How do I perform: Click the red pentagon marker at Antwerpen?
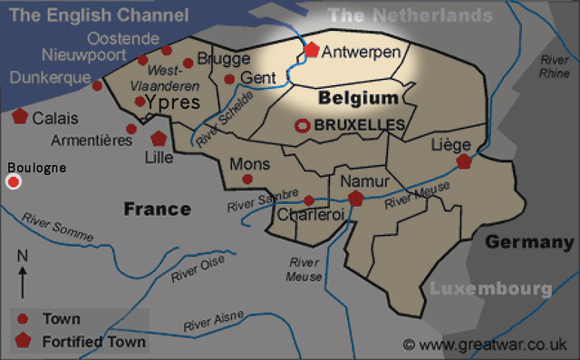312,51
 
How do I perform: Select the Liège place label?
452,145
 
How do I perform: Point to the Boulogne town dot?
14,182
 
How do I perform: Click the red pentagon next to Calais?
19,117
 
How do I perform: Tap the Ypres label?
173,102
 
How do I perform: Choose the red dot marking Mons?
247,180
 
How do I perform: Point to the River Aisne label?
214,319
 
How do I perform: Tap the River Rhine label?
554,65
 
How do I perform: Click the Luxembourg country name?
489,289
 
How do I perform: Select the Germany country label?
529,242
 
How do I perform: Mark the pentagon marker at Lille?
159,139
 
